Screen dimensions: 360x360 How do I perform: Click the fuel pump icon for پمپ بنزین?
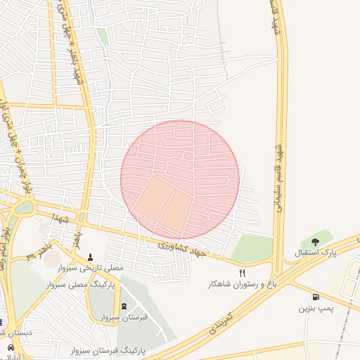(x=316, y=297)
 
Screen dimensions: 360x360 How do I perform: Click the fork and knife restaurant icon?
(x=243, y=273)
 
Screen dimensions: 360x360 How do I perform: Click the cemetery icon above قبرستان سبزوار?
(x=124, y=306)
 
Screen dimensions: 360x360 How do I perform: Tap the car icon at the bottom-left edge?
(x=10, y=348)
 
